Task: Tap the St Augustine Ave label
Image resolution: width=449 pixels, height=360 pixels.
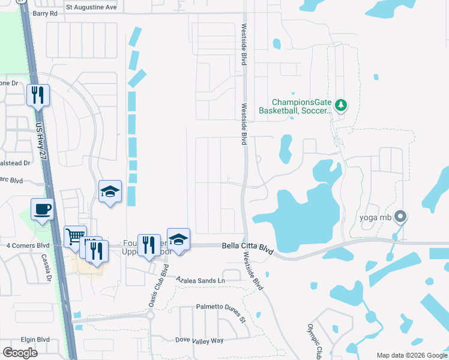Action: pos(91,7)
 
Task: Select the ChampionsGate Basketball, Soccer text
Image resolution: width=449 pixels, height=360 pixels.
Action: pos(295,106)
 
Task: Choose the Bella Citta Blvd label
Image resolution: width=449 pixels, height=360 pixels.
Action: pos(247,248)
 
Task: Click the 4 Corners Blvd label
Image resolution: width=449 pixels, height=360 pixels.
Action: pos(28,245)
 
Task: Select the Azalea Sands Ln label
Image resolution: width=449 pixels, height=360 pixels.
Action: pos(200,280)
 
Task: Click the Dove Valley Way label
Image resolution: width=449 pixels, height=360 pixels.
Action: pos(199,340)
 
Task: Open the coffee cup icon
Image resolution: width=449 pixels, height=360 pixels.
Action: pos(42,209)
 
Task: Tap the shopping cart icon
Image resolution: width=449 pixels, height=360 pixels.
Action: pos(75,236)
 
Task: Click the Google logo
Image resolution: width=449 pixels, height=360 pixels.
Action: pos(20,353)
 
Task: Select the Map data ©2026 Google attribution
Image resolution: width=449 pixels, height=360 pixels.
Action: pos(411,355)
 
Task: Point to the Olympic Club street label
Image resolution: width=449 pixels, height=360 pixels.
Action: pos(315,340)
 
